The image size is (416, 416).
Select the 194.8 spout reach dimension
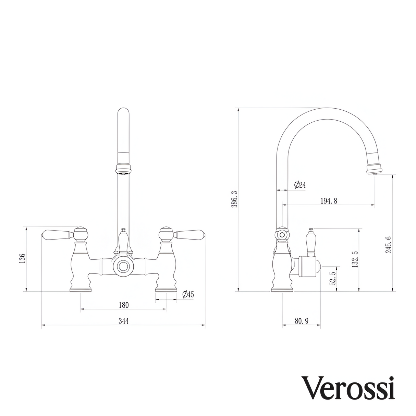329,201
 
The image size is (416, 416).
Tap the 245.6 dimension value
388,245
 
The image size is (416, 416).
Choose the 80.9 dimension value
302,321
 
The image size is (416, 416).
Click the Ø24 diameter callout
299,185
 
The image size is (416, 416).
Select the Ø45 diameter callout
188,294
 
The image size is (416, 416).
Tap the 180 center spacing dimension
123,305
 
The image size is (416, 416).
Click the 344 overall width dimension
123,321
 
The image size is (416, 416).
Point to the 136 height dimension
22,259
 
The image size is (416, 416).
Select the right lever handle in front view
190,234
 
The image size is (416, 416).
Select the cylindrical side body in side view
308,267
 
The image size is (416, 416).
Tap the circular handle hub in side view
282,235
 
